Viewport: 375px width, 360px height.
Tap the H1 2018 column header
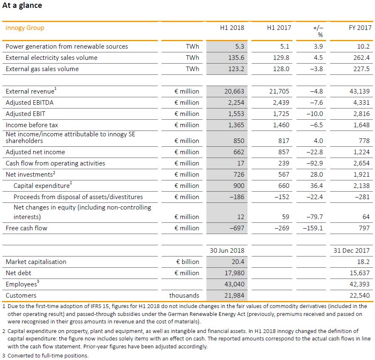pyautogui.click(x=232, y=28)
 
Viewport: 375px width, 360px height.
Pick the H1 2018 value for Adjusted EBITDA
pyautogui.click(x=236, y=102)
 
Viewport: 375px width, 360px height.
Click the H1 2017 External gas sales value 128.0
pyautogui.click(x=281, y=69)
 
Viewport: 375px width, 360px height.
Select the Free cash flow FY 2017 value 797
pyautogui.click(x=363, y=228)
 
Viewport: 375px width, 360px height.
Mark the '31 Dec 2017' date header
pyautogui.click(x=352, y=250)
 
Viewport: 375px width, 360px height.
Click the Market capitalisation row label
pyautogui.click(x=36, y=262)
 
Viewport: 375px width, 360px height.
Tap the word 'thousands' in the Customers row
pyautogui.click(x=184, y=296)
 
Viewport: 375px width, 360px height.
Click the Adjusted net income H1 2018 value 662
pyautogui.click(x=239, y=152)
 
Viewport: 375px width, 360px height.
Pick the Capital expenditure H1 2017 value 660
pyautogui.click(x=283, y=186)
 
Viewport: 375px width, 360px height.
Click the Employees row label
pyautogui.click(x=22, y=284)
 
